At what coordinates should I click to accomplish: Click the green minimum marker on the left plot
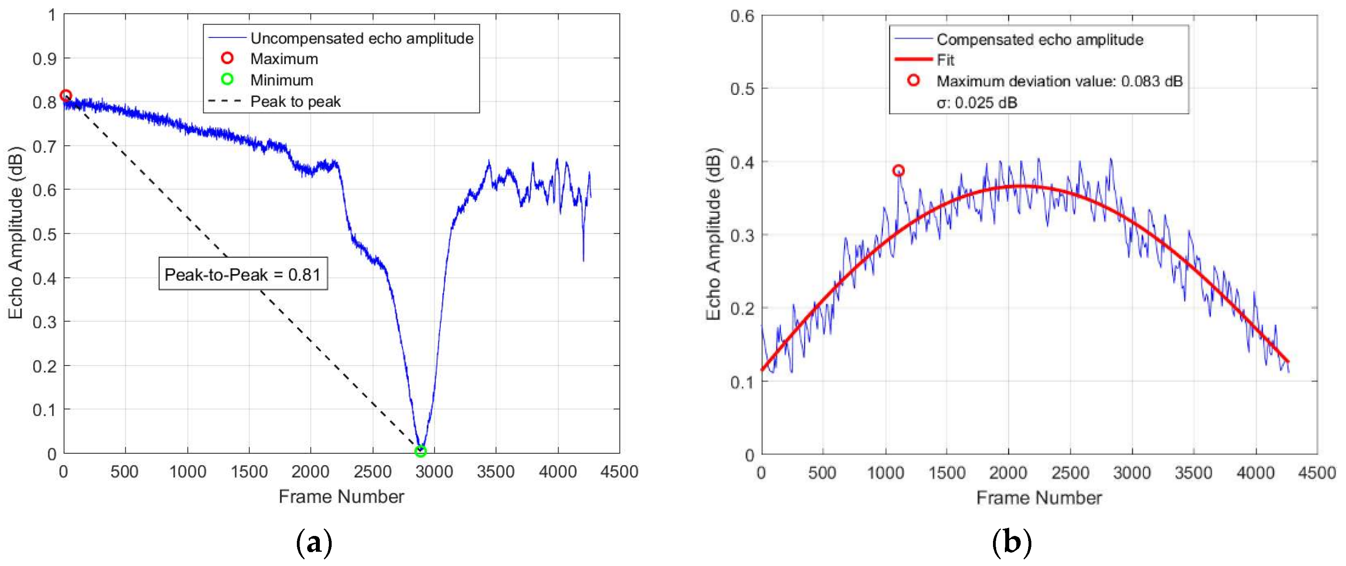[420, 451]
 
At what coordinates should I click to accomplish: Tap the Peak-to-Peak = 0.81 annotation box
[243, 274]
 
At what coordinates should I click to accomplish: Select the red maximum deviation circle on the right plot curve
[898, 171]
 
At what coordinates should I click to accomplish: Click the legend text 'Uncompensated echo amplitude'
[362, 38]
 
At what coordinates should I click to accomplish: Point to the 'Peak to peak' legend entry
[295, 101]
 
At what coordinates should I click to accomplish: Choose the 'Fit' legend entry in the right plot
[945, 60]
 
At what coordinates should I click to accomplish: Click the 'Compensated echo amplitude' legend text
[1040, 39]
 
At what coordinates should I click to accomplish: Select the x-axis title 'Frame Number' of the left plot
[341, 496]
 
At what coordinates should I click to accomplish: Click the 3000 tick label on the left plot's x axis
[434, 472]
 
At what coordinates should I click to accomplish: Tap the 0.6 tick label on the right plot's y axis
[742, 16]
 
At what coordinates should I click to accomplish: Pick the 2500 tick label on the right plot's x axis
[1070, 473]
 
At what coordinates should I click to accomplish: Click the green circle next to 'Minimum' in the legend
[227, 80]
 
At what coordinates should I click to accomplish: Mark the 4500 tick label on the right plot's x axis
[1317, 473]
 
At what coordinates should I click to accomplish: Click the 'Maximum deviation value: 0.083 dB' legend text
[1059, 81]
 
